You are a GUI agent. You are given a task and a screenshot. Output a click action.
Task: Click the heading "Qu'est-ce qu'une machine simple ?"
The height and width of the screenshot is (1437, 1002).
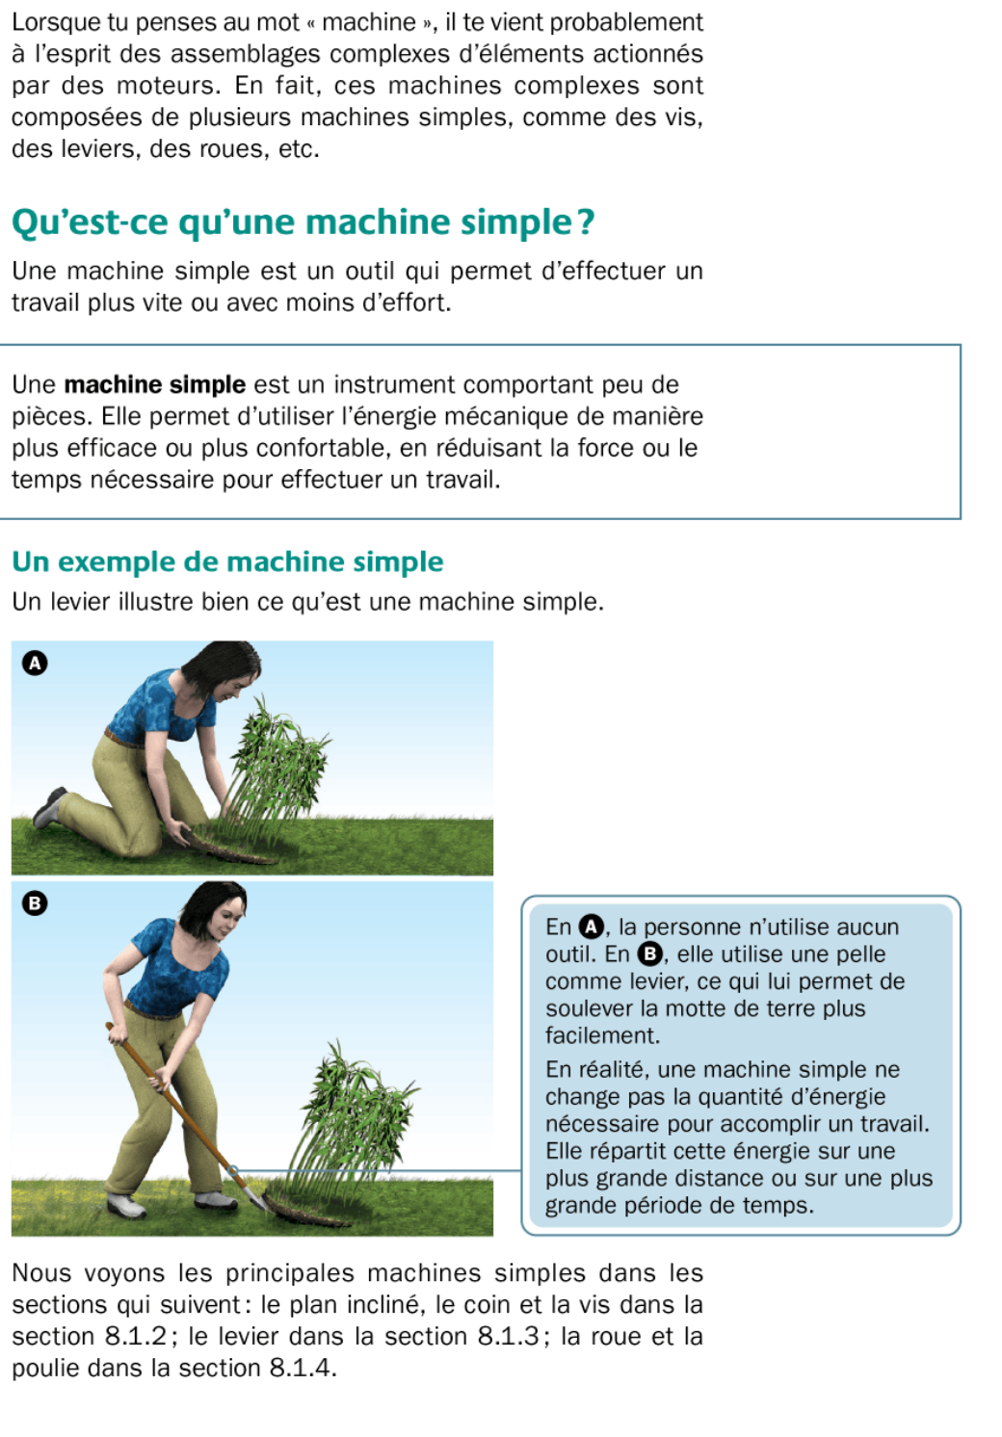303,222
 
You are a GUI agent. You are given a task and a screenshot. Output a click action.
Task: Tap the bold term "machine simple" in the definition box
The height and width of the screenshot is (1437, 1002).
155,385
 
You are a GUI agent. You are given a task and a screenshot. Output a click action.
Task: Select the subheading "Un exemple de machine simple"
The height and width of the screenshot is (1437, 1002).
227,562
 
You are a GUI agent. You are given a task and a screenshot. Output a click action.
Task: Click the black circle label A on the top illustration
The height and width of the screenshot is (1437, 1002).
35,663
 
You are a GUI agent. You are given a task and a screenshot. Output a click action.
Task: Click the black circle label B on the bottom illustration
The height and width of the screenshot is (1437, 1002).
35,902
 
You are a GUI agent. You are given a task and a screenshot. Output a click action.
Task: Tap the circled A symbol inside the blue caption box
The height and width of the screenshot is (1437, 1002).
590,928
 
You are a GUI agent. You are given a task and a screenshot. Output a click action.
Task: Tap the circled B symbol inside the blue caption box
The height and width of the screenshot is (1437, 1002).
650,954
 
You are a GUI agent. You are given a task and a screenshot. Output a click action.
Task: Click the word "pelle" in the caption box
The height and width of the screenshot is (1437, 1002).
860,954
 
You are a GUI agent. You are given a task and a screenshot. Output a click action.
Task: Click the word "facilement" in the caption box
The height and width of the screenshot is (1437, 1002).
601,1035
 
